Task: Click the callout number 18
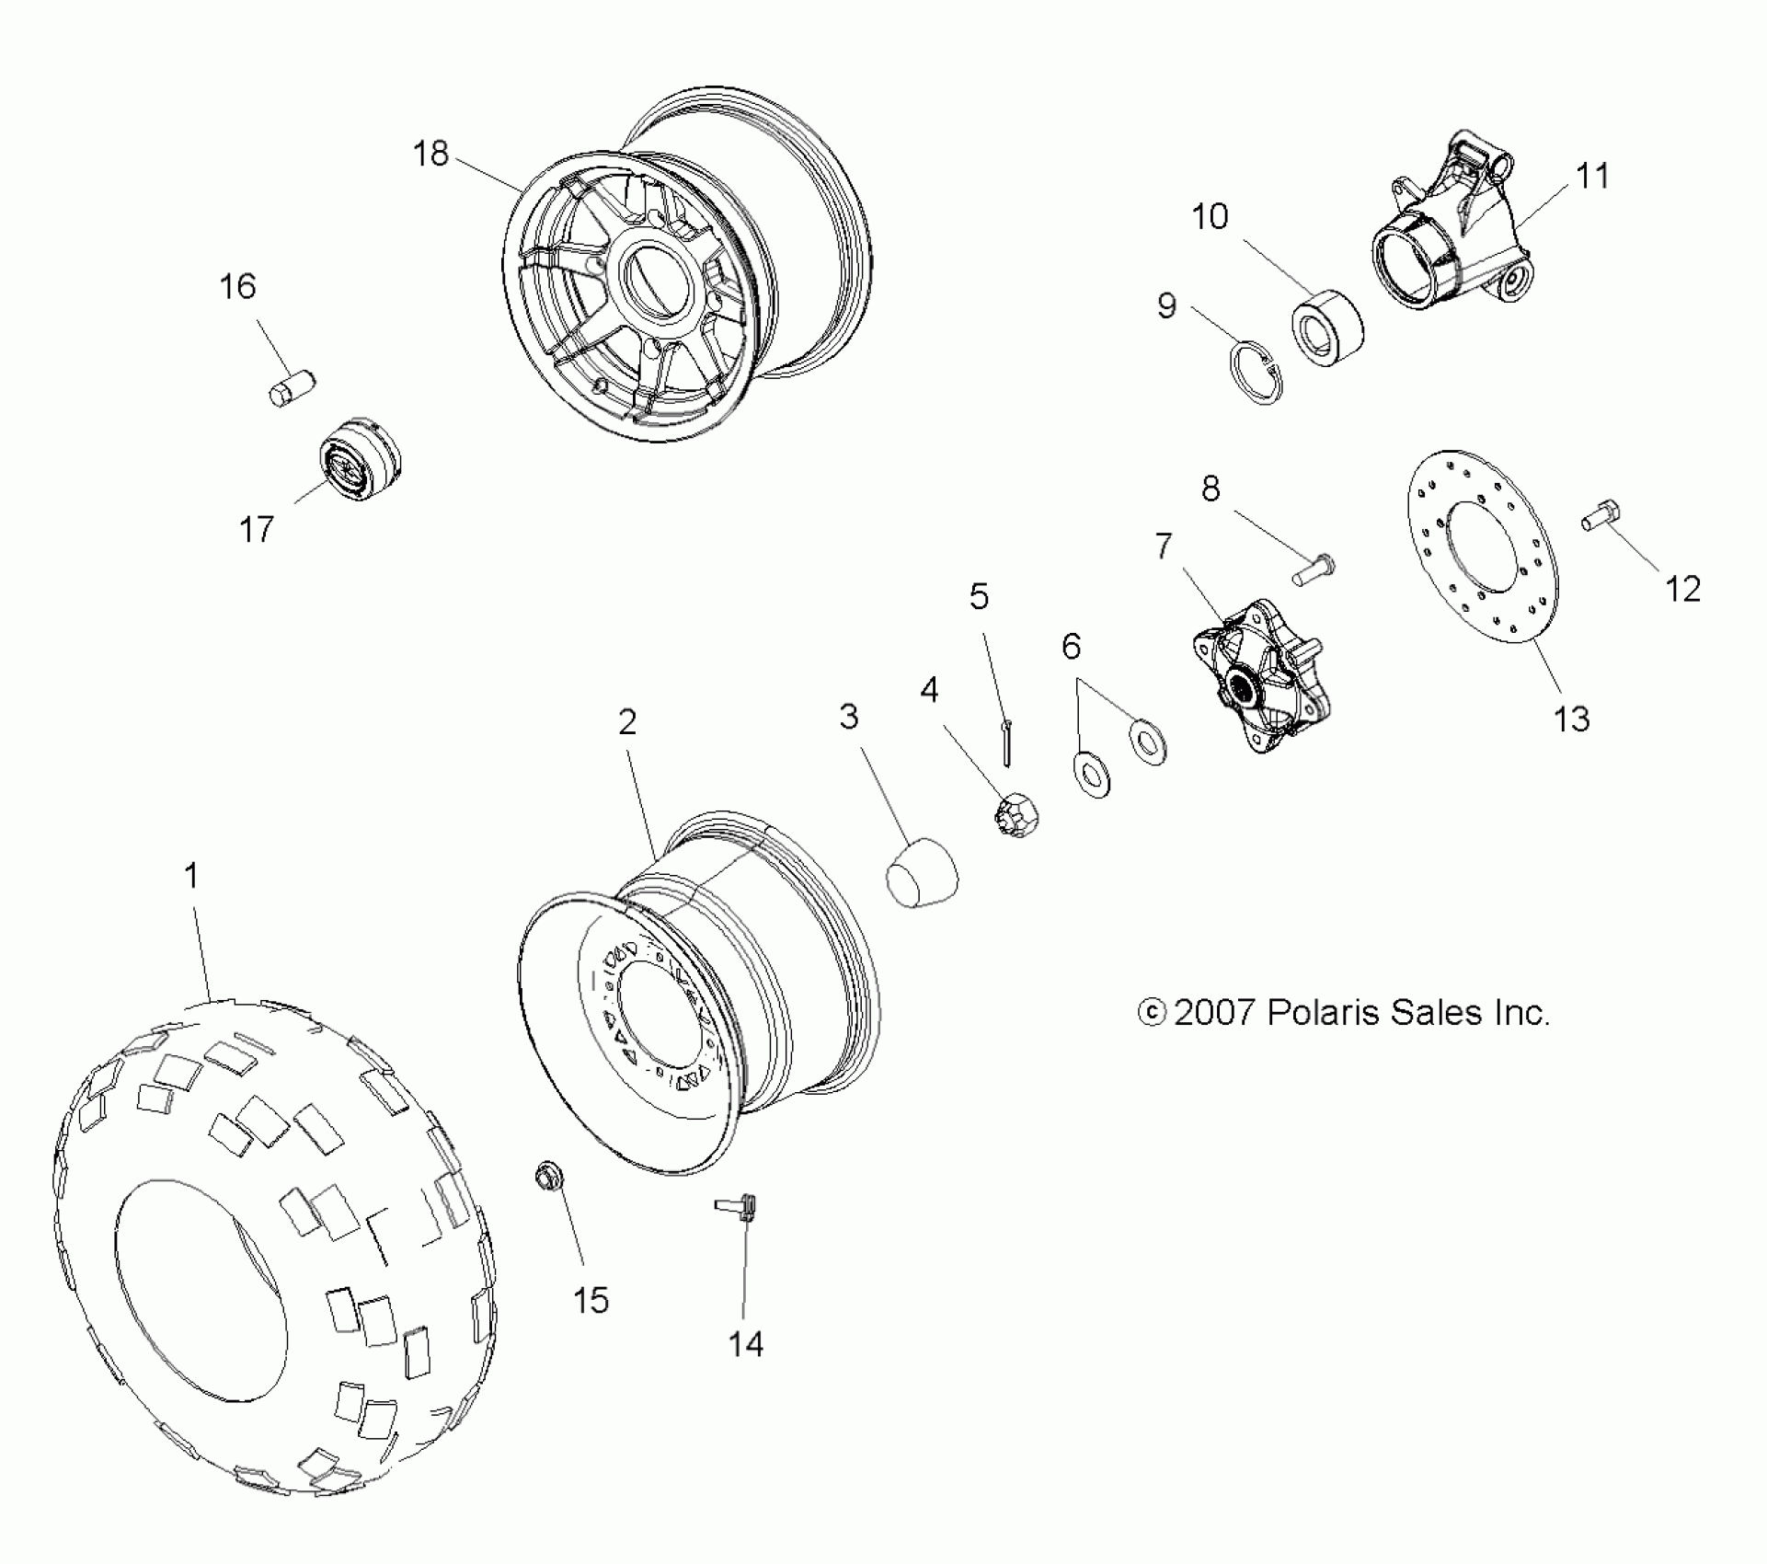[430, 154]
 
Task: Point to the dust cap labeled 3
[922, 873]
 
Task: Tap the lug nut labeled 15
[550, 1176]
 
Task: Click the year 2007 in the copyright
[1213, 1013]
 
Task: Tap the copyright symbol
[1152, 1013]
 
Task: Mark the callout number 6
[1071, 647]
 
